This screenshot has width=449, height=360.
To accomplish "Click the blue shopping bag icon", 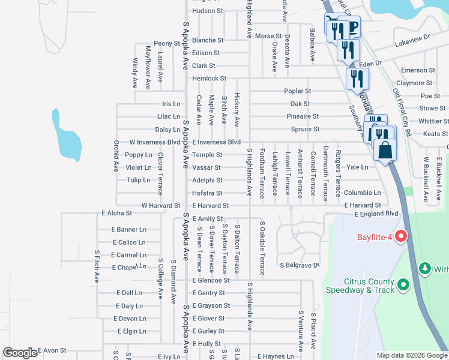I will (x=385, y=150).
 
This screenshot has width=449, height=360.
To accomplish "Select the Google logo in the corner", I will (x=20, y=353).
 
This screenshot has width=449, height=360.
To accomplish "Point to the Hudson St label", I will (x=207, y=11).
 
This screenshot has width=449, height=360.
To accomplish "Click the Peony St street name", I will (x=166, y=43).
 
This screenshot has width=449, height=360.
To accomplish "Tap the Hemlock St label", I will (x=209, y=79).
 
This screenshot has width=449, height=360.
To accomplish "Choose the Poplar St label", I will (x=298, y=91).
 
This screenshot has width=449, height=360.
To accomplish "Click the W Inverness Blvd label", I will (x=155, y=142).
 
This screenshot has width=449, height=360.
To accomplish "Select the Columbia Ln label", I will (x=362, y=193).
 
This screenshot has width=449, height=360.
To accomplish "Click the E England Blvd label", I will (x=376, y=214).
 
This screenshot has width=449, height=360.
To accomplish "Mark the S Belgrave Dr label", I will (x=299, y=265).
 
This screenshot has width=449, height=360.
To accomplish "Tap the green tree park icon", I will (x=425, y=267).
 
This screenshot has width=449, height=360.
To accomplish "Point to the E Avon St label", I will (x=52, y=350).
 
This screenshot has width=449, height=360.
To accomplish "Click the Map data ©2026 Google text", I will (x=412, y=355).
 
